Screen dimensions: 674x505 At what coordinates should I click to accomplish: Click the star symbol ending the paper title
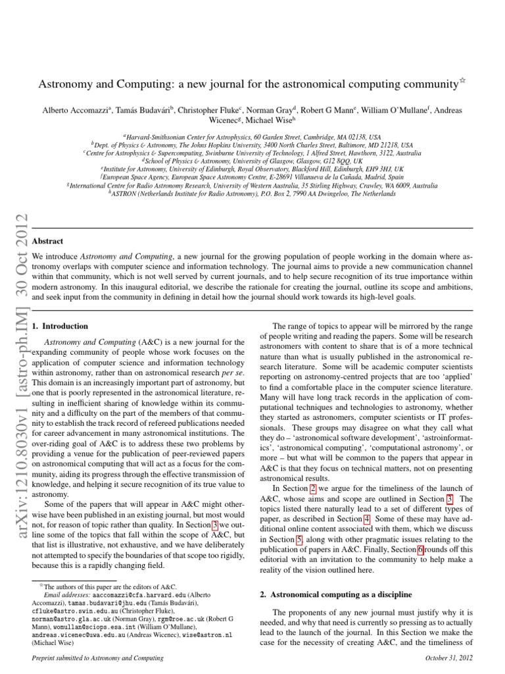point(461,81)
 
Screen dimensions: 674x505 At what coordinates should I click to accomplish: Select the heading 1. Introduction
point(60,326)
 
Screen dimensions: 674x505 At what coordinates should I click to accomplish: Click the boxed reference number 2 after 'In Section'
point(313,488)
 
